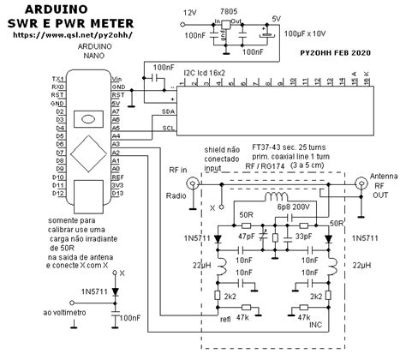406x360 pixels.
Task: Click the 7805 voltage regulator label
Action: pos(228,8)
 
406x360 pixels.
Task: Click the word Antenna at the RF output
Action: pos(382,177)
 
